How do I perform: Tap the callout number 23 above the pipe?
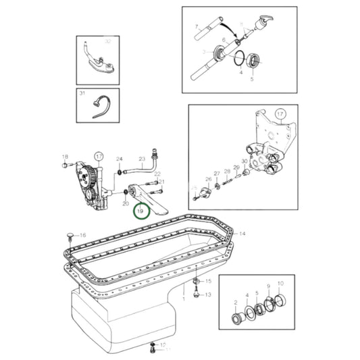point(157,174)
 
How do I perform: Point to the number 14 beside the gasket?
point(242,234)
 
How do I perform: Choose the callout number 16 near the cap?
point(82,234)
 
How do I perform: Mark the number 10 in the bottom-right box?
point(280,284)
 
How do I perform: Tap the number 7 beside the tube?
point(197,28)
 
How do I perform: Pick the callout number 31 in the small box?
point(82,93)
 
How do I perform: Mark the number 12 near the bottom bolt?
point(163,345)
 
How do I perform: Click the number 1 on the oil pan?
point(183,297)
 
